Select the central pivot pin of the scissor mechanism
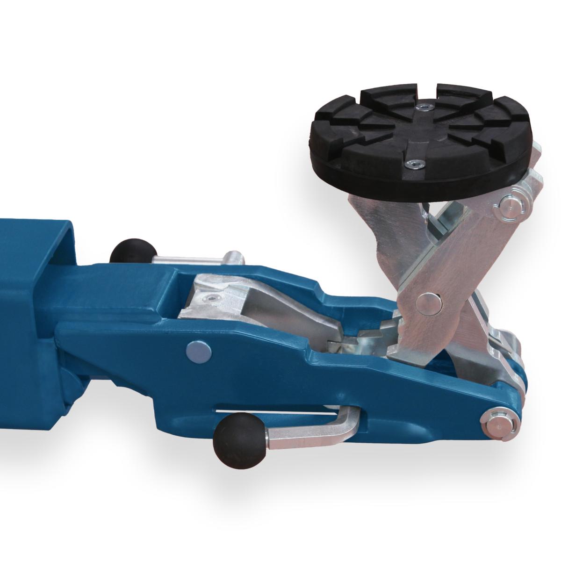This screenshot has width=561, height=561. pyautogui.click(x=429, y=303)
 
